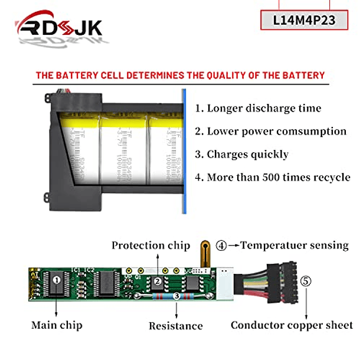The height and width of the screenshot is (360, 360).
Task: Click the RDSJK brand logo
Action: click(59, 27)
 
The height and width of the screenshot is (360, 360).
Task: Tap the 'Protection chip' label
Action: click(150, 246)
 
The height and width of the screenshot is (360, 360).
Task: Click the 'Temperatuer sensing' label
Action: click(294, 246)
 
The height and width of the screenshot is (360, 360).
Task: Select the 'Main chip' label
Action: click(57, 325)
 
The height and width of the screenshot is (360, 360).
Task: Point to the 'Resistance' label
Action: click(175, 326)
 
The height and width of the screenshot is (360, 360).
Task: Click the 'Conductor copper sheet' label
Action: click(292, 325)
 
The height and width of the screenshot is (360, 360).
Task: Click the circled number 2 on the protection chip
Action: click(158, 282)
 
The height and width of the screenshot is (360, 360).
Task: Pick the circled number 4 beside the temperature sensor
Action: click(221, 246)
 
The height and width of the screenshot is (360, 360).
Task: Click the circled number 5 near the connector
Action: click(306, 282)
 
